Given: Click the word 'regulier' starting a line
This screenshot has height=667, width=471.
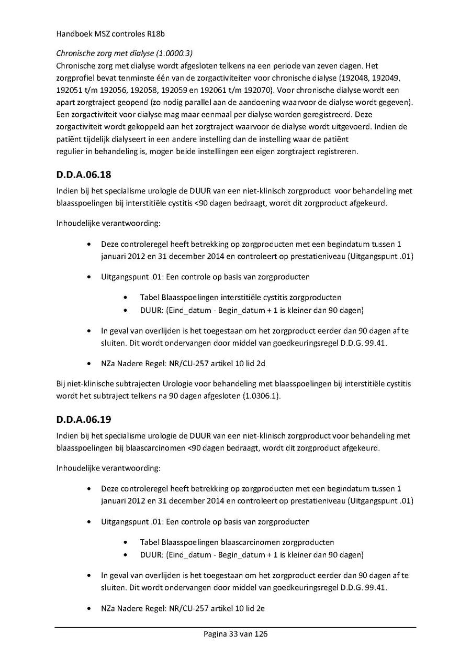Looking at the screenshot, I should click(x=69, y=151).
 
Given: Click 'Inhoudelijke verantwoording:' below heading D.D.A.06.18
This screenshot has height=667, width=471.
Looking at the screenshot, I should click(x=108, y=224).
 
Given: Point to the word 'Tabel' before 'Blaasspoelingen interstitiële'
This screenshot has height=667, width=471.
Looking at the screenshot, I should click(x=150, y=297).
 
